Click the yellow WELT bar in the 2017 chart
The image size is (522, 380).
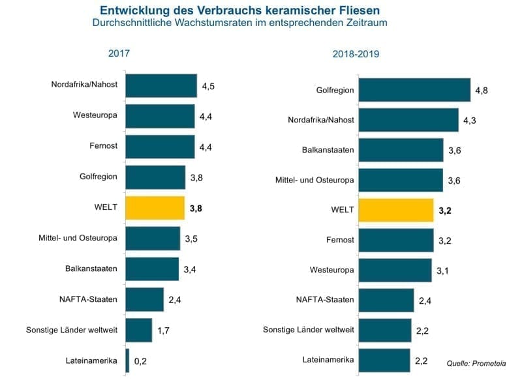click(x=155, y=208)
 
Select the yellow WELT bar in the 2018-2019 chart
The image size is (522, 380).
click(x=396, y=211)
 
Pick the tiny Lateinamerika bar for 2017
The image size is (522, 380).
click(x=127, y=360)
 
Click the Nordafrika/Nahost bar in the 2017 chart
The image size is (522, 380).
click(x=161, y=85)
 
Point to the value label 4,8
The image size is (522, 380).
click(x=482, y=91)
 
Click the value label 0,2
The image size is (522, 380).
click(x=140, y=360)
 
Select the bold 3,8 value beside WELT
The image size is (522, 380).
click(x=196, y=209)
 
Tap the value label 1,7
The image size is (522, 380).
click(x=164, y=330)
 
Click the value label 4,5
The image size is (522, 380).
click(x=208, y=86)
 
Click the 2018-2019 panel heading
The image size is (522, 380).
click(x=356, y=54)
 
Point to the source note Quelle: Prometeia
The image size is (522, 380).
click(x=476, y=362)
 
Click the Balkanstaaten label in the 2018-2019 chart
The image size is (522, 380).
click(x=328, y=150)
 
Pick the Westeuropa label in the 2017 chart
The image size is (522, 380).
click(x=95, y=115)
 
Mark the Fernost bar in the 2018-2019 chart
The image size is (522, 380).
click(x=396, y=240)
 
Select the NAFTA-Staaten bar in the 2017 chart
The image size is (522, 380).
click(x=144, y=299)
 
